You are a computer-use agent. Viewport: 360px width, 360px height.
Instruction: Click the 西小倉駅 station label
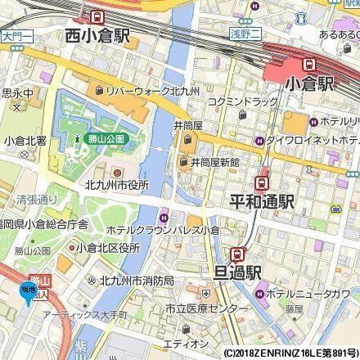tap(100, 36)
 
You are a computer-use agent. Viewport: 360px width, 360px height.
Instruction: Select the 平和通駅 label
tap(262, 200)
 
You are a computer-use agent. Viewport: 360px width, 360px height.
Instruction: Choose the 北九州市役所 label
tap(116, 185)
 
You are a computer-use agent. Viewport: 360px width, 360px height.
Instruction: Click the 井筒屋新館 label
tap(214, 163)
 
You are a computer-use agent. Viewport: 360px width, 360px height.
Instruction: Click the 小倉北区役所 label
tap(103, 248)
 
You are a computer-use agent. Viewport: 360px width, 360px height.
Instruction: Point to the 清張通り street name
tap(37, 199)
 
